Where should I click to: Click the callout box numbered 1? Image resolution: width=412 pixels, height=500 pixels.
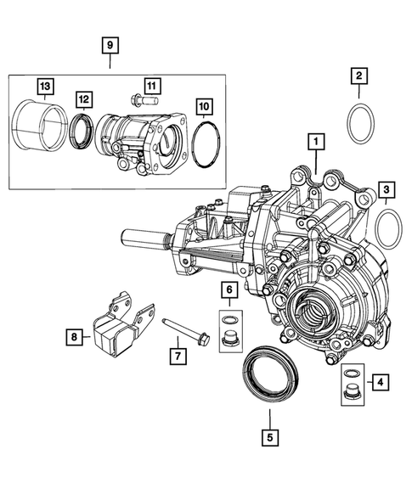[315, 141]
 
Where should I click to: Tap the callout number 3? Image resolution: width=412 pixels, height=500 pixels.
[387, 189]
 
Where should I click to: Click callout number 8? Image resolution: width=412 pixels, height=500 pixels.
[76, 338]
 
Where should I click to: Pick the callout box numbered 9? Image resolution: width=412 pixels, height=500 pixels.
[109, 43]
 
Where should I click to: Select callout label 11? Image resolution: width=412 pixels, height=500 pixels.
[151, 86]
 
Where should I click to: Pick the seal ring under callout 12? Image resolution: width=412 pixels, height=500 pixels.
[83, 130]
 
